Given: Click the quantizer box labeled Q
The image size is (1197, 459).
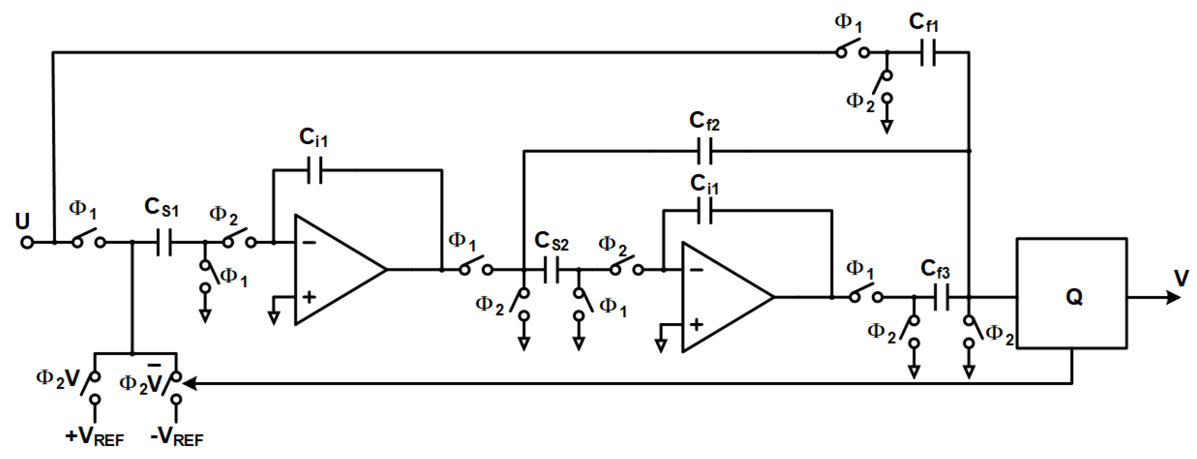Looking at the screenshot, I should [1071, 293].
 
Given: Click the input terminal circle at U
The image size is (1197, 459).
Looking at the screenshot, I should [27, 242].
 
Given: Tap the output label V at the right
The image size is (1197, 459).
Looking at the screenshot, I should [1181, 278].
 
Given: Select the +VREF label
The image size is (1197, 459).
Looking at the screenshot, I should [95, 437].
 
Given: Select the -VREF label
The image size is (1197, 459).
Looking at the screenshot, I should [177, 437].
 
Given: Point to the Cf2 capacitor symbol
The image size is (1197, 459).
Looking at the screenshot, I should [705, 151].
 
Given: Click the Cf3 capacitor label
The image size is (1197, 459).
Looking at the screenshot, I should [934, 269].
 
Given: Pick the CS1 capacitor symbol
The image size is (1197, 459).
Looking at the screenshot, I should [164, 242].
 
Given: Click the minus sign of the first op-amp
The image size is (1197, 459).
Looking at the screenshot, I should [309, 242].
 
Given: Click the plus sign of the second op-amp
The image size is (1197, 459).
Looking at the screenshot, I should [696, 324].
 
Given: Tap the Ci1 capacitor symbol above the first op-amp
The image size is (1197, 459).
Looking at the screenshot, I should [315, 170].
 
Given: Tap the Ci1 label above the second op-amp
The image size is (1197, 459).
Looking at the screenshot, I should [704, 184].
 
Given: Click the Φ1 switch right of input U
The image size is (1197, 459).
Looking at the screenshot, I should [88, 238].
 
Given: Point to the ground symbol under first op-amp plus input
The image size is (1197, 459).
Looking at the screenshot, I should [274, 318].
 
